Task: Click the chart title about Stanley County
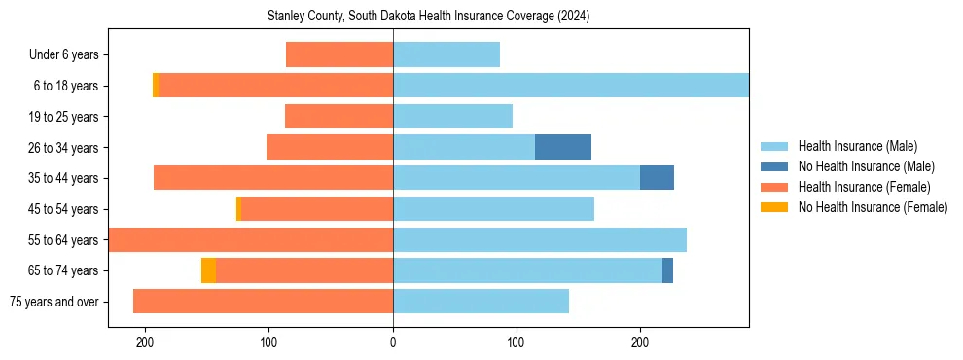(428, 17)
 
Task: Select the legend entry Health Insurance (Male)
(857, 146)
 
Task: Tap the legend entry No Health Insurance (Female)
(873, 207)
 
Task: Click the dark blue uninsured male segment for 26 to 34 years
(563, 147)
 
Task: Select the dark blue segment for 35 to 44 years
(657, 178)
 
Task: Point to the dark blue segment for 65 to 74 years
(667, 270)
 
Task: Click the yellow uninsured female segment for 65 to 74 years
(208, 270)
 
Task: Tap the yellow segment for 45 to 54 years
(238, 209)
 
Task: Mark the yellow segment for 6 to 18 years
(156, 86)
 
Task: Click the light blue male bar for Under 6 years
(446, 54)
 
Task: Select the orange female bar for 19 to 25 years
(339, 117)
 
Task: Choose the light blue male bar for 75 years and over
(481, 302)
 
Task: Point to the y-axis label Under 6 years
(63, 55)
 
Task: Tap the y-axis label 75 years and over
(54, 302)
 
